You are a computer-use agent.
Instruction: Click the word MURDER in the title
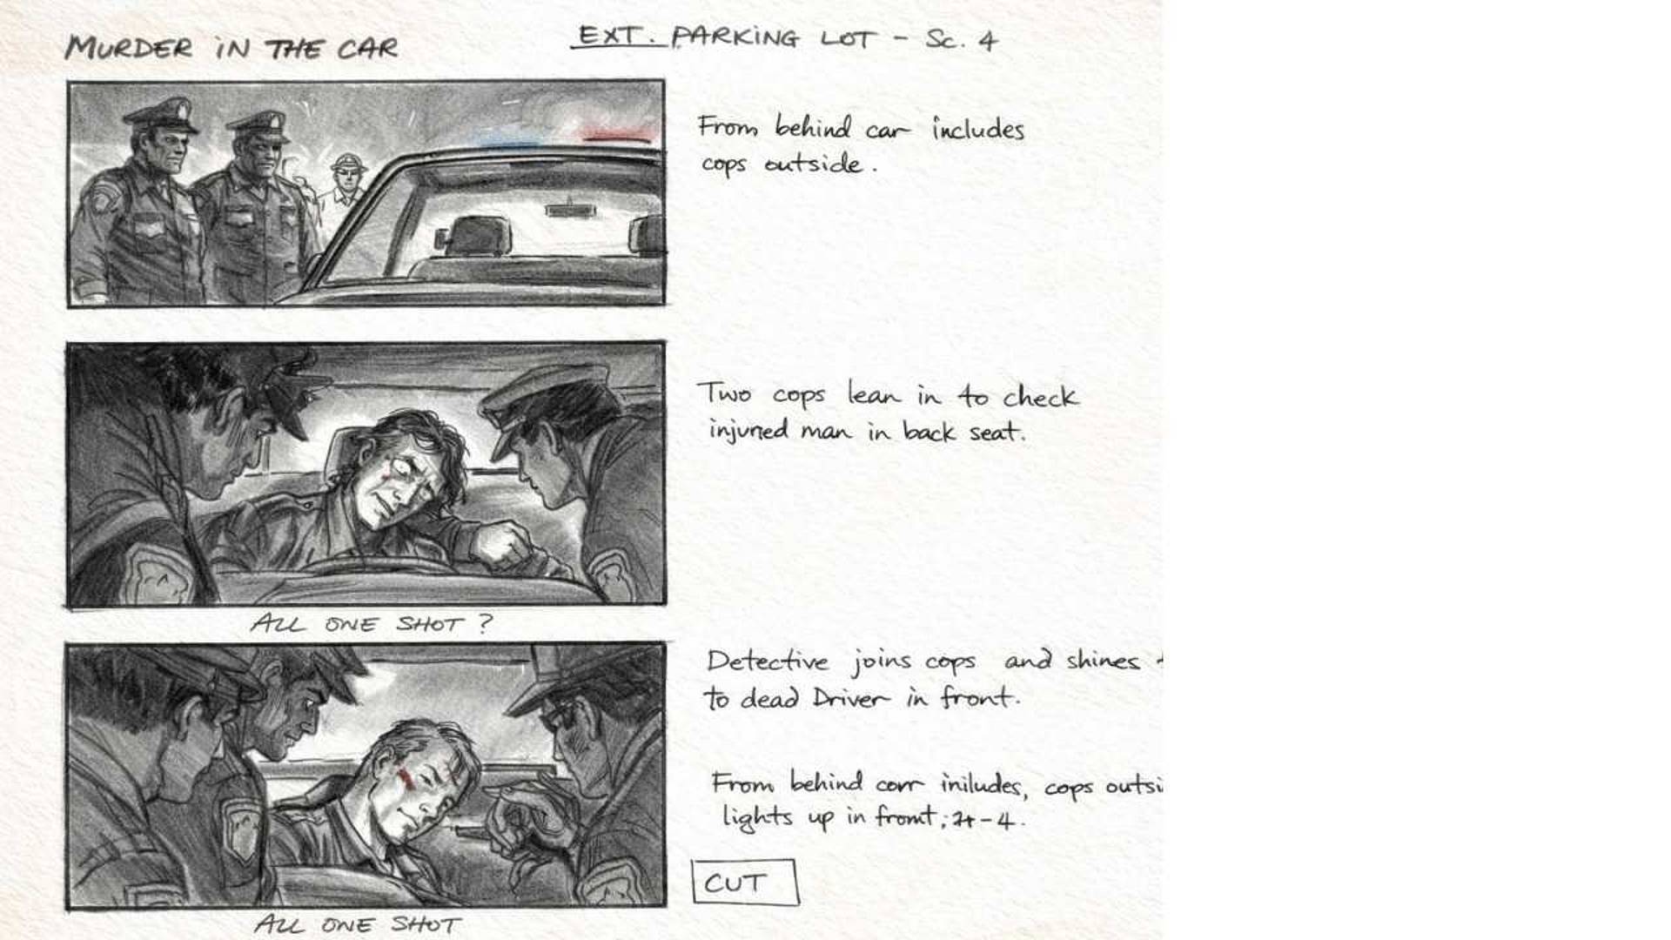(129, 47)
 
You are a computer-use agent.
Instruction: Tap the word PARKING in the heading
(735, 37)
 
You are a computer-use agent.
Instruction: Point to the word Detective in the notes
(768, 661)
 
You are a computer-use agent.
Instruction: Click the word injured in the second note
(748, 431)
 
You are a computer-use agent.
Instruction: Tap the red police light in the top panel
(616, 136)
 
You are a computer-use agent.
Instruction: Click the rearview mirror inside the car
(569, 210)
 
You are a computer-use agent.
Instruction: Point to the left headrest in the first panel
(474, 236)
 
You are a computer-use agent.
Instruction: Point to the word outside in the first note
(813, 164)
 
